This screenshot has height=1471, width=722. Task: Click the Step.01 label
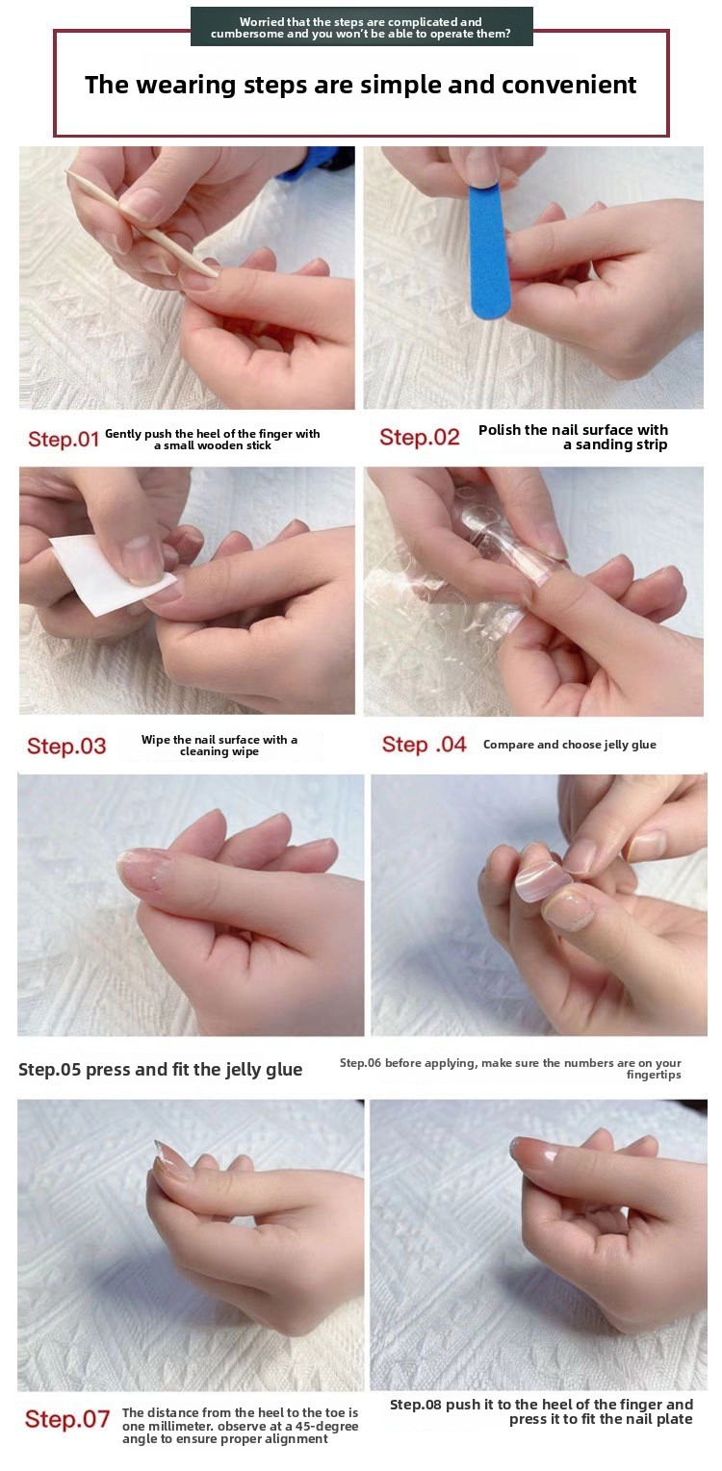[64, 439]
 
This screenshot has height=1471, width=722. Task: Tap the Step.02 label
[419, 437]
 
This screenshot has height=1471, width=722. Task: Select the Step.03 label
[66, 746]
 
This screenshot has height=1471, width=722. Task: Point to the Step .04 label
[424, 744]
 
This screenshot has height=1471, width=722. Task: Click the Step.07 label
[67, 1419]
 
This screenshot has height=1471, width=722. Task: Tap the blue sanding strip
[489, 251]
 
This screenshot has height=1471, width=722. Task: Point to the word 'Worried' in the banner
[262, 22]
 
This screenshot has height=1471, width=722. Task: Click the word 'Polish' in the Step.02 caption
[500, 429]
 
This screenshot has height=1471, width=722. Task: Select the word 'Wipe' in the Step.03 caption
[155, 740]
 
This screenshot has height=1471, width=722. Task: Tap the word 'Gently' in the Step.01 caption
[123, 434]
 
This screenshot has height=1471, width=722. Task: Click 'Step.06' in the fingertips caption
[360, 1062]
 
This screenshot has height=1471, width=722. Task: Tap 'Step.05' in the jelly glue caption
[49, 1070]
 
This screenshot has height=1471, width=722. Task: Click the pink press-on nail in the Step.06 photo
[543, 880]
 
